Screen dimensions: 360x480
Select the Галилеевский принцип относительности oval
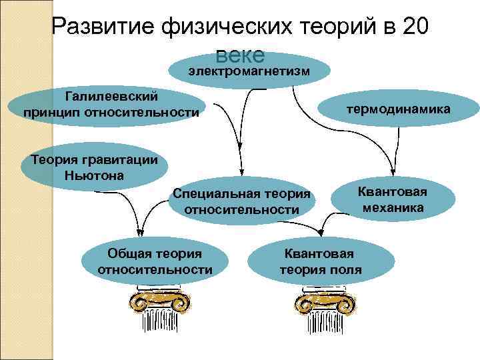point(111,105)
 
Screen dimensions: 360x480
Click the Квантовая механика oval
point(393,199)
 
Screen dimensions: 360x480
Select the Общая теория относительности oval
point(155,261)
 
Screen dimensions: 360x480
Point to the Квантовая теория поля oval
point(320,261)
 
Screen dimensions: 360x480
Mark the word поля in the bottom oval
point(349,269)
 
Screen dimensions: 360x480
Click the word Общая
point(130,253)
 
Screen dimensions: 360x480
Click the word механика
point(393,207)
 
